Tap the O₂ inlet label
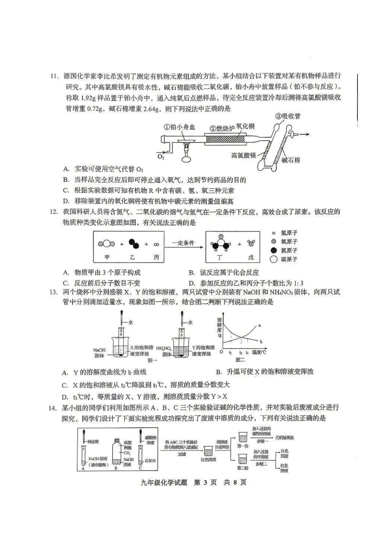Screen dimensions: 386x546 (161, 157)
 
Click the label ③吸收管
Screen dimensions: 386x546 (288, 116)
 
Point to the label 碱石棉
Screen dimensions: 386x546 (291, 161)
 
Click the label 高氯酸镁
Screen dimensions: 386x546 (243, 156)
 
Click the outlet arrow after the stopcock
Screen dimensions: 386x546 (303, 134)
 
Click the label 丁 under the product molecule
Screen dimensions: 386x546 (219, 257)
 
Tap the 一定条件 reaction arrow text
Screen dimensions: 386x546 (183, 243)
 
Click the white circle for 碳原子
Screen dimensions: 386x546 (274, 259)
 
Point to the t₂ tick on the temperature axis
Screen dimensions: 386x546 (241, 352)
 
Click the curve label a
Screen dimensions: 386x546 (259, 325)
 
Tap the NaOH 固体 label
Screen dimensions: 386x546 (99, 353)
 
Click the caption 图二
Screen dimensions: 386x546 (240, 360)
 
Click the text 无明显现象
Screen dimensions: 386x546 (285, 437)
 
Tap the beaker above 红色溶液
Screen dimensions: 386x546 (208, 451)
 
